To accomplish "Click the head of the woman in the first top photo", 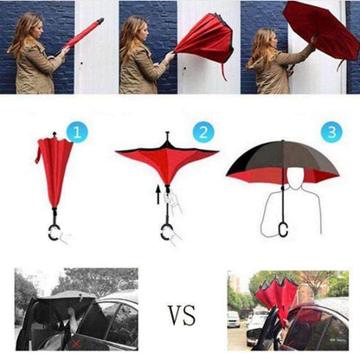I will pos(30,25).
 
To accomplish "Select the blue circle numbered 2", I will pos(204,133).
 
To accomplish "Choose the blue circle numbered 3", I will pos(331,133).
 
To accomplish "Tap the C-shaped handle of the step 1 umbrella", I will pos(55,233).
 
